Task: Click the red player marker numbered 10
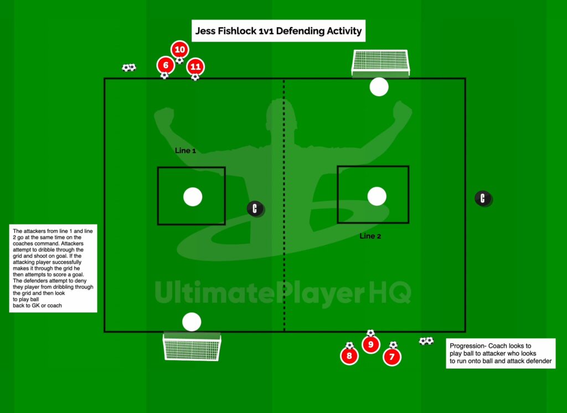(x=180, y=49)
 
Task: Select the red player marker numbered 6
(x=166, y=65)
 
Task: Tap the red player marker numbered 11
(x=195, y=67)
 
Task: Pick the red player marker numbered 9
(x=370, y=344)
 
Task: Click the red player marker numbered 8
(x=349, y=356)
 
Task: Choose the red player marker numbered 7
(x=392, y=357)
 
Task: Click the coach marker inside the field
(x=255, y=208)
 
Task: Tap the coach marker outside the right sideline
(x=483, y=198)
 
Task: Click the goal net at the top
(x=380, y=63)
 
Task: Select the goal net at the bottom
(x=192, y=347)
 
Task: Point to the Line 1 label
(x=185, y=150)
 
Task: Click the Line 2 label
(x=370, y=236)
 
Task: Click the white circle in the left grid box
(x=193, y=197)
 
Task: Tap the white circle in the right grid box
(x=377, y=196)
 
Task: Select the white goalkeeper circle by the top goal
(x=379, y=87)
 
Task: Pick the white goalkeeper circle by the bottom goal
(x=192, y=322)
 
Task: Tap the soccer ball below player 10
(x=180, y=60)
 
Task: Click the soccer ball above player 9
(x=370, y=333)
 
